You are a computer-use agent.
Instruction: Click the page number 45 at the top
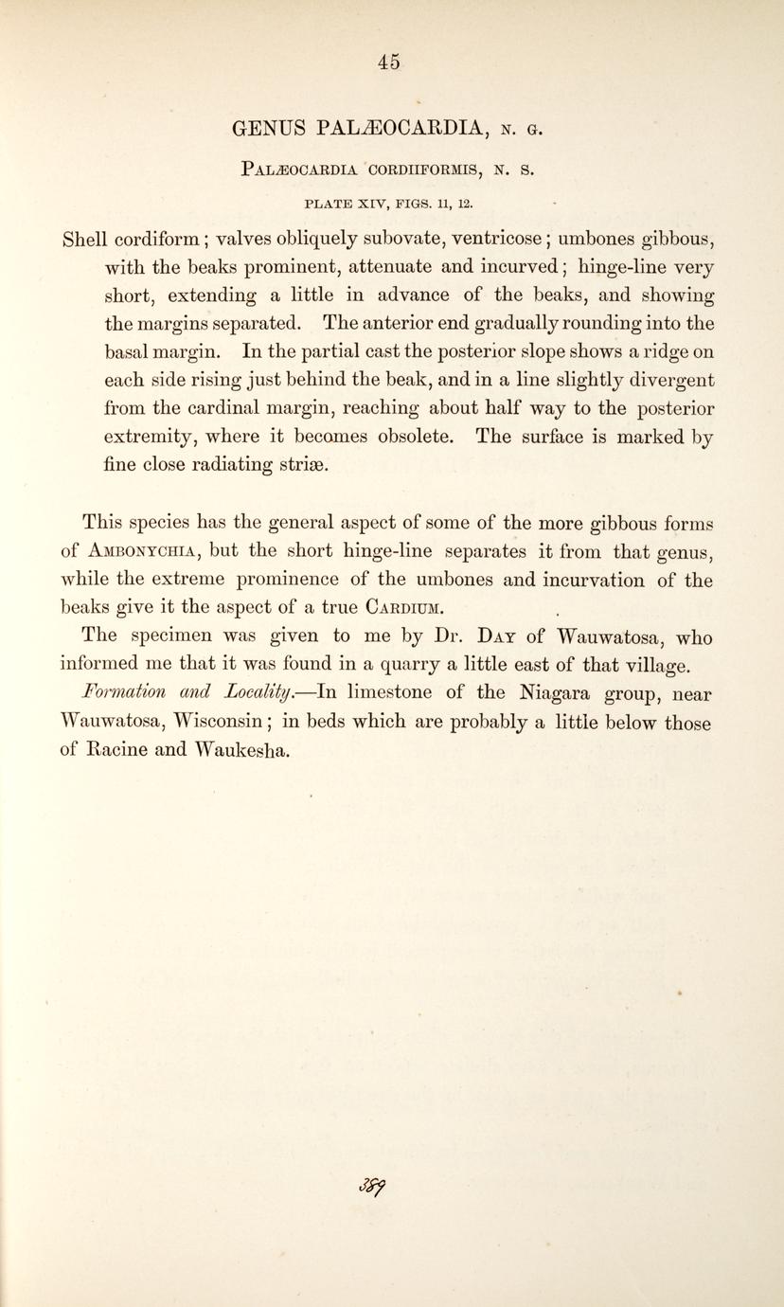[389, 62]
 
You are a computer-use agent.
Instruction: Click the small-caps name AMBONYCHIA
[145, 551]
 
